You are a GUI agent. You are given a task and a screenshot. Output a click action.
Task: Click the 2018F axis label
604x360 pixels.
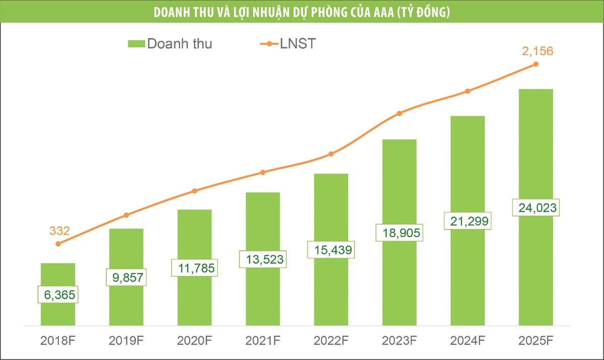[x=58, y=340]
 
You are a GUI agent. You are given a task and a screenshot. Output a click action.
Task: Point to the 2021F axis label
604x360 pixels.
[x=263, y=340]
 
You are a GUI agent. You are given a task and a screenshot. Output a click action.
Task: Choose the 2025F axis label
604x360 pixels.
[x=536, y=340]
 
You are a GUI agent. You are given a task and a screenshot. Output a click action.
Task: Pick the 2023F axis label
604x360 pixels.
[x=399, y=340]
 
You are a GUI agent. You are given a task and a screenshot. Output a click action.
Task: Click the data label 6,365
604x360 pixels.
[x=58, y=294]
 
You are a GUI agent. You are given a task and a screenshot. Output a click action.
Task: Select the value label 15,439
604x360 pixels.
[x=331, y=249]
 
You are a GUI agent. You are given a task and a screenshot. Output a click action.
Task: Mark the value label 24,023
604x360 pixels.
[x=536, y=208]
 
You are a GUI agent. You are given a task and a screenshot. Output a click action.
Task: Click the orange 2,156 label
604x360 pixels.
[x=536, y=51]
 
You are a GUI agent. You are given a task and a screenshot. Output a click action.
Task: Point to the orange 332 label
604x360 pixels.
[x=59, y=231]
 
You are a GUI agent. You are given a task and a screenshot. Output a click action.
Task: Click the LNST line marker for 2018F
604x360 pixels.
[x=58, y=244]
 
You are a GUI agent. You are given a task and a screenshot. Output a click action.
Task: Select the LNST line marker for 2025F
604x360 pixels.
[x=536, y=64]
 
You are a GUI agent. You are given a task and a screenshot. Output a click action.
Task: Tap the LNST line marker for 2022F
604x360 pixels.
[x=331, y=154]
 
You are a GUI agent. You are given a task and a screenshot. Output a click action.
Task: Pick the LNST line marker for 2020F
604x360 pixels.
[x=195, y=191]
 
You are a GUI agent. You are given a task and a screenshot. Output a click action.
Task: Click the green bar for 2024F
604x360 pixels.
[x=468, y=171]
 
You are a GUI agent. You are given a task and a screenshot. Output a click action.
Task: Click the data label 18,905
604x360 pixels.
[x=399, y=233]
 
